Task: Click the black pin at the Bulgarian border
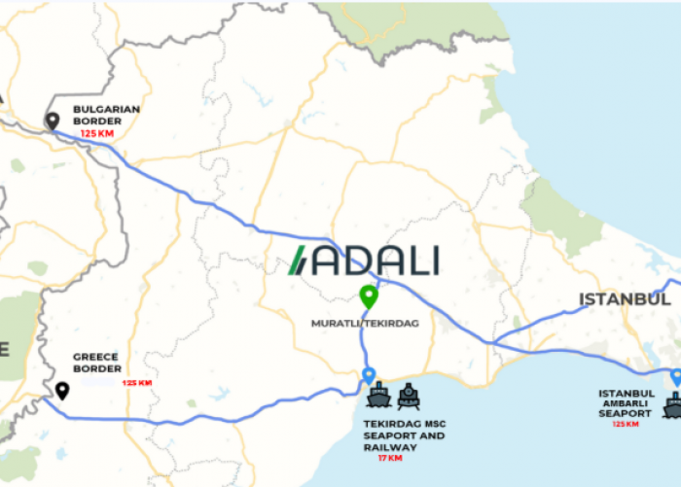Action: click(x=53, y=122)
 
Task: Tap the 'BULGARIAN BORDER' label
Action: click(x=105, y=116)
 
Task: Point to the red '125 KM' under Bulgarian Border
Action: click(x=97, y=133)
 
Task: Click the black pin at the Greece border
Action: click(x=62, y=391)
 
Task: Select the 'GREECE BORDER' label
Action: click(x=97, y=363)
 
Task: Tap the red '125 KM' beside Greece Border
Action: click(x=136, y=383)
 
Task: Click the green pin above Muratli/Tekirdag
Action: click(x=368, y=296)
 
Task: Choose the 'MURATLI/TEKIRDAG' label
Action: click(x=365, y=323)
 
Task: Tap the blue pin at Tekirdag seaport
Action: click(x=368, y=375)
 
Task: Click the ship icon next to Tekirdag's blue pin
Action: click(x=378, y=396)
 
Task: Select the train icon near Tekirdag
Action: click(x=409, y=396)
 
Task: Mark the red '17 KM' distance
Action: click(x=389, y=458)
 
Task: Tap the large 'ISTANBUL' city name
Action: click(x=625, y=299)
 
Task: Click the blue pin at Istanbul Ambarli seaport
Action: click(x=676, y=377)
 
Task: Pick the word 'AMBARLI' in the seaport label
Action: click(x=626, y=403)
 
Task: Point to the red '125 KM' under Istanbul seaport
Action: click(x=626, y=424)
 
